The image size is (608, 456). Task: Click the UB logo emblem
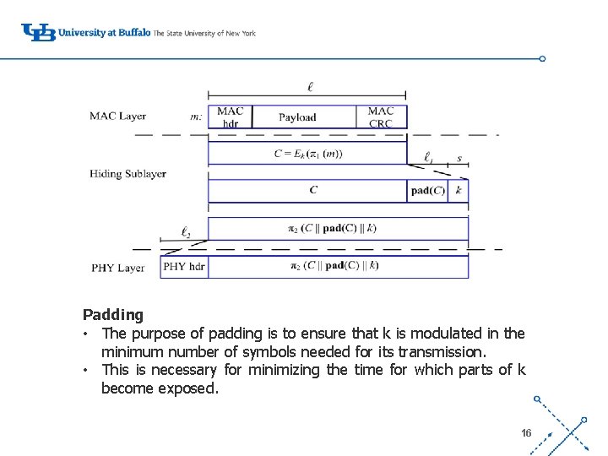[39, 32]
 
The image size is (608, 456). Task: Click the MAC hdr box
[230, 117]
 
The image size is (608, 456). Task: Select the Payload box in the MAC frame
[297, 117]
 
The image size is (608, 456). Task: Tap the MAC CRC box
[381, 117]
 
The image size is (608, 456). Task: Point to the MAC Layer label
[117, 117]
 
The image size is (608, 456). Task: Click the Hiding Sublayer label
[128, 174]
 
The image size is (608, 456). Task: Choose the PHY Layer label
[117, 268]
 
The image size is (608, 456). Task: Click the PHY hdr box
[184, 267]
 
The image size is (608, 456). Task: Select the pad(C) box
[427, 191]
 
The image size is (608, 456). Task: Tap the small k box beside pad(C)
[459, 191]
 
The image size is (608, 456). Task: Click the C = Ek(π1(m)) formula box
[307, 154]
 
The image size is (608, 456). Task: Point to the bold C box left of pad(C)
[312, 191]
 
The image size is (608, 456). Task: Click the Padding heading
[113, 315]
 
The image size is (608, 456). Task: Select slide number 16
[526, 432]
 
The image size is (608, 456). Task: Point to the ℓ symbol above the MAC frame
[310, 86]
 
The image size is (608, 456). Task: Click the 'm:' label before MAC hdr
[197, 117]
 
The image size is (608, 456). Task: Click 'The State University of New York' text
[204, 33]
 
